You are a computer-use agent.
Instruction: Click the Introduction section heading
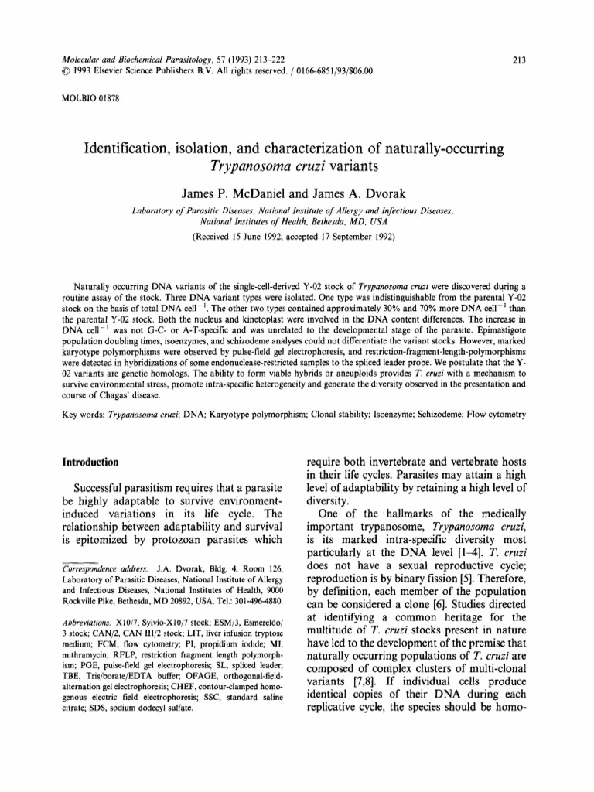(x=90, y=463)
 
